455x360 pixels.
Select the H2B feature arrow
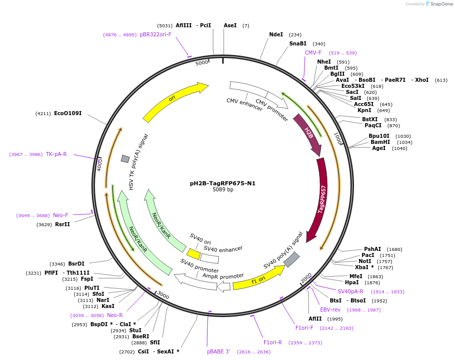[309, 134]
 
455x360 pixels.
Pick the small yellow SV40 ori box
[193, 253]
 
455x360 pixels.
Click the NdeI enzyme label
[276, 35]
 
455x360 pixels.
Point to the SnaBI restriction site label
[298, 44]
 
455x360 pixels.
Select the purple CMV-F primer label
[313, 53]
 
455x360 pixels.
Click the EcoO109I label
[68, 114]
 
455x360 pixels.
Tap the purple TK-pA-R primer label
[56, 155]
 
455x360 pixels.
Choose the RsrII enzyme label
[63, 224]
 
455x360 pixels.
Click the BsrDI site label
[76, 264]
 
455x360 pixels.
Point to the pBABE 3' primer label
[218, 351]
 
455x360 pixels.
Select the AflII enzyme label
[315, 319]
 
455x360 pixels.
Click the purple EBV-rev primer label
[330, 310]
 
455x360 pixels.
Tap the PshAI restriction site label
[373, 249]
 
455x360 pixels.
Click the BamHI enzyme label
[380, 142]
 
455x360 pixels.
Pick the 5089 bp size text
[223, 190]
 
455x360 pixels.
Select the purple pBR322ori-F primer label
[156, 35]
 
